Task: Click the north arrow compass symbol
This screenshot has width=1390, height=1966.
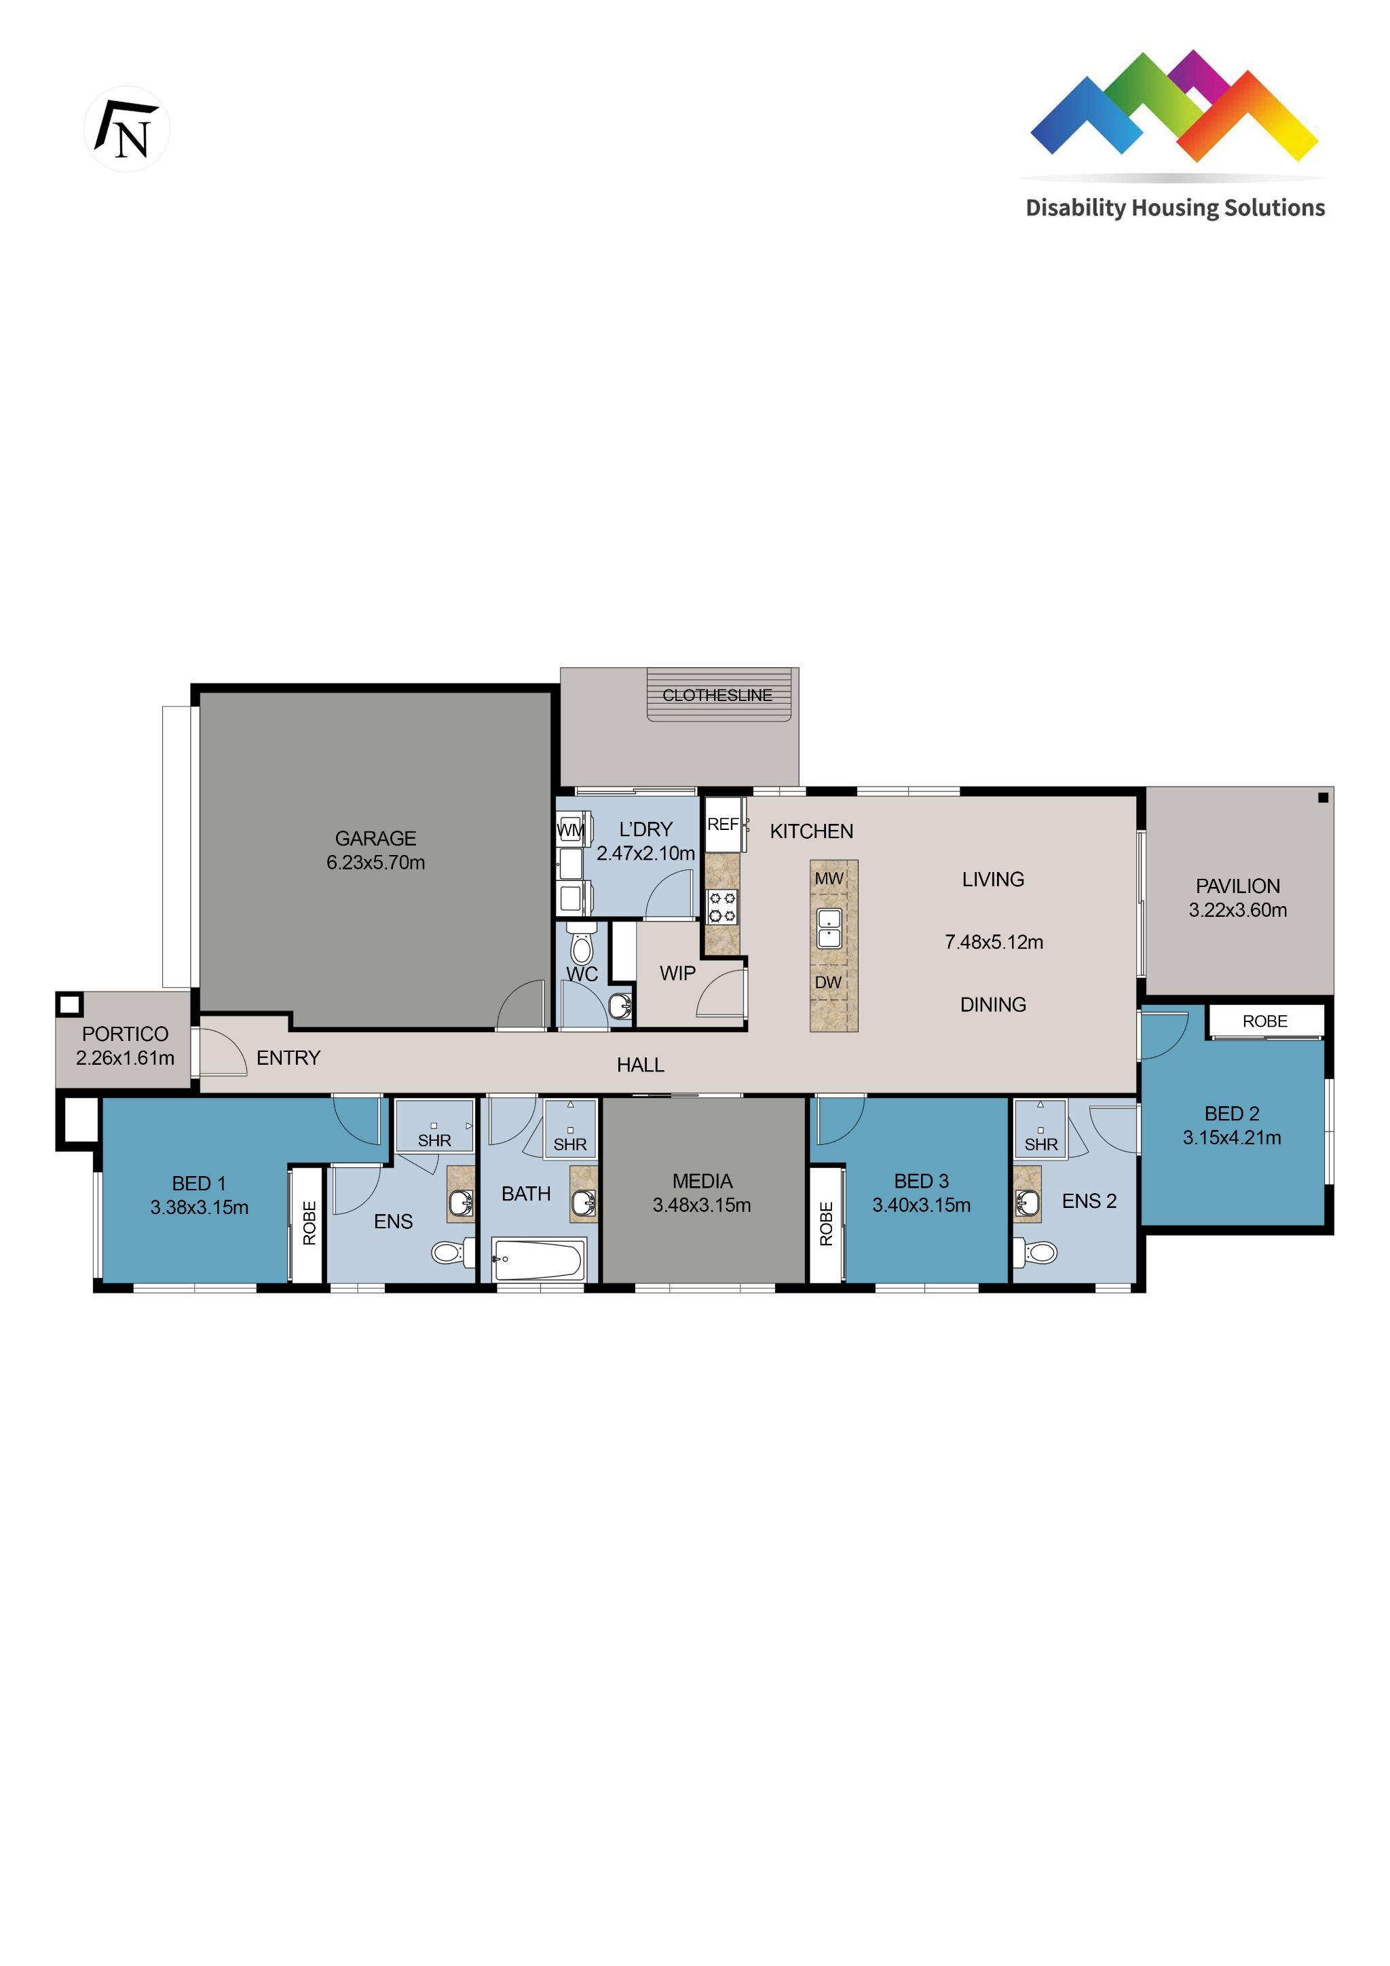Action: pos(127,130)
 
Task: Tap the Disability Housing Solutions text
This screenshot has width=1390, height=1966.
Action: pos(1174,208)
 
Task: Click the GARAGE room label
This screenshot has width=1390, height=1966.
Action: pos(375,838)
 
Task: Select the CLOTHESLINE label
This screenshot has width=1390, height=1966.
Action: pos(717,696)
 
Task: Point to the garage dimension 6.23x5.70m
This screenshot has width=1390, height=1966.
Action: pos(375,863)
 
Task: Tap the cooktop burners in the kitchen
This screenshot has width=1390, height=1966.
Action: pos(722,907)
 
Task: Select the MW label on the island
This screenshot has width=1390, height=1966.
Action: pos(829,879)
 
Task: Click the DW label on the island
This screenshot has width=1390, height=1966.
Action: pos(828,982)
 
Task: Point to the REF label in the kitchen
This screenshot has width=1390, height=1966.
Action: pos(722,824)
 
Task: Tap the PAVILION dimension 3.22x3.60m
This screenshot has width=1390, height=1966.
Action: pos(1237,910)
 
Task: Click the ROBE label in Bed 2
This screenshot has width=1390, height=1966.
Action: pos(1265,1021)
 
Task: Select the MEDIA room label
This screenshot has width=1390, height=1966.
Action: pos(702,1181)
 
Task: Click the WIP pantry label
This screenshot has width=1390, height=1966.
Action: pos(677,974)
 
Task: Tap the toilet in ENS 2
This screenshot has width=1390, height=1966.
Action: pos(1040,1253)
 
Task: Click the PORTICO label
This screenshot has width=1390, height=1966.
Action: pos(125,1034)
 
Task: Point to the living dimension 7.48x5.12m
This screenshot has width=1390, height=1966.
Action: pos(994,942)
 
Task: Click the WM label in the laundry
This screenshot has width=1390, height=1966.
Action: pos(570,830)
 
